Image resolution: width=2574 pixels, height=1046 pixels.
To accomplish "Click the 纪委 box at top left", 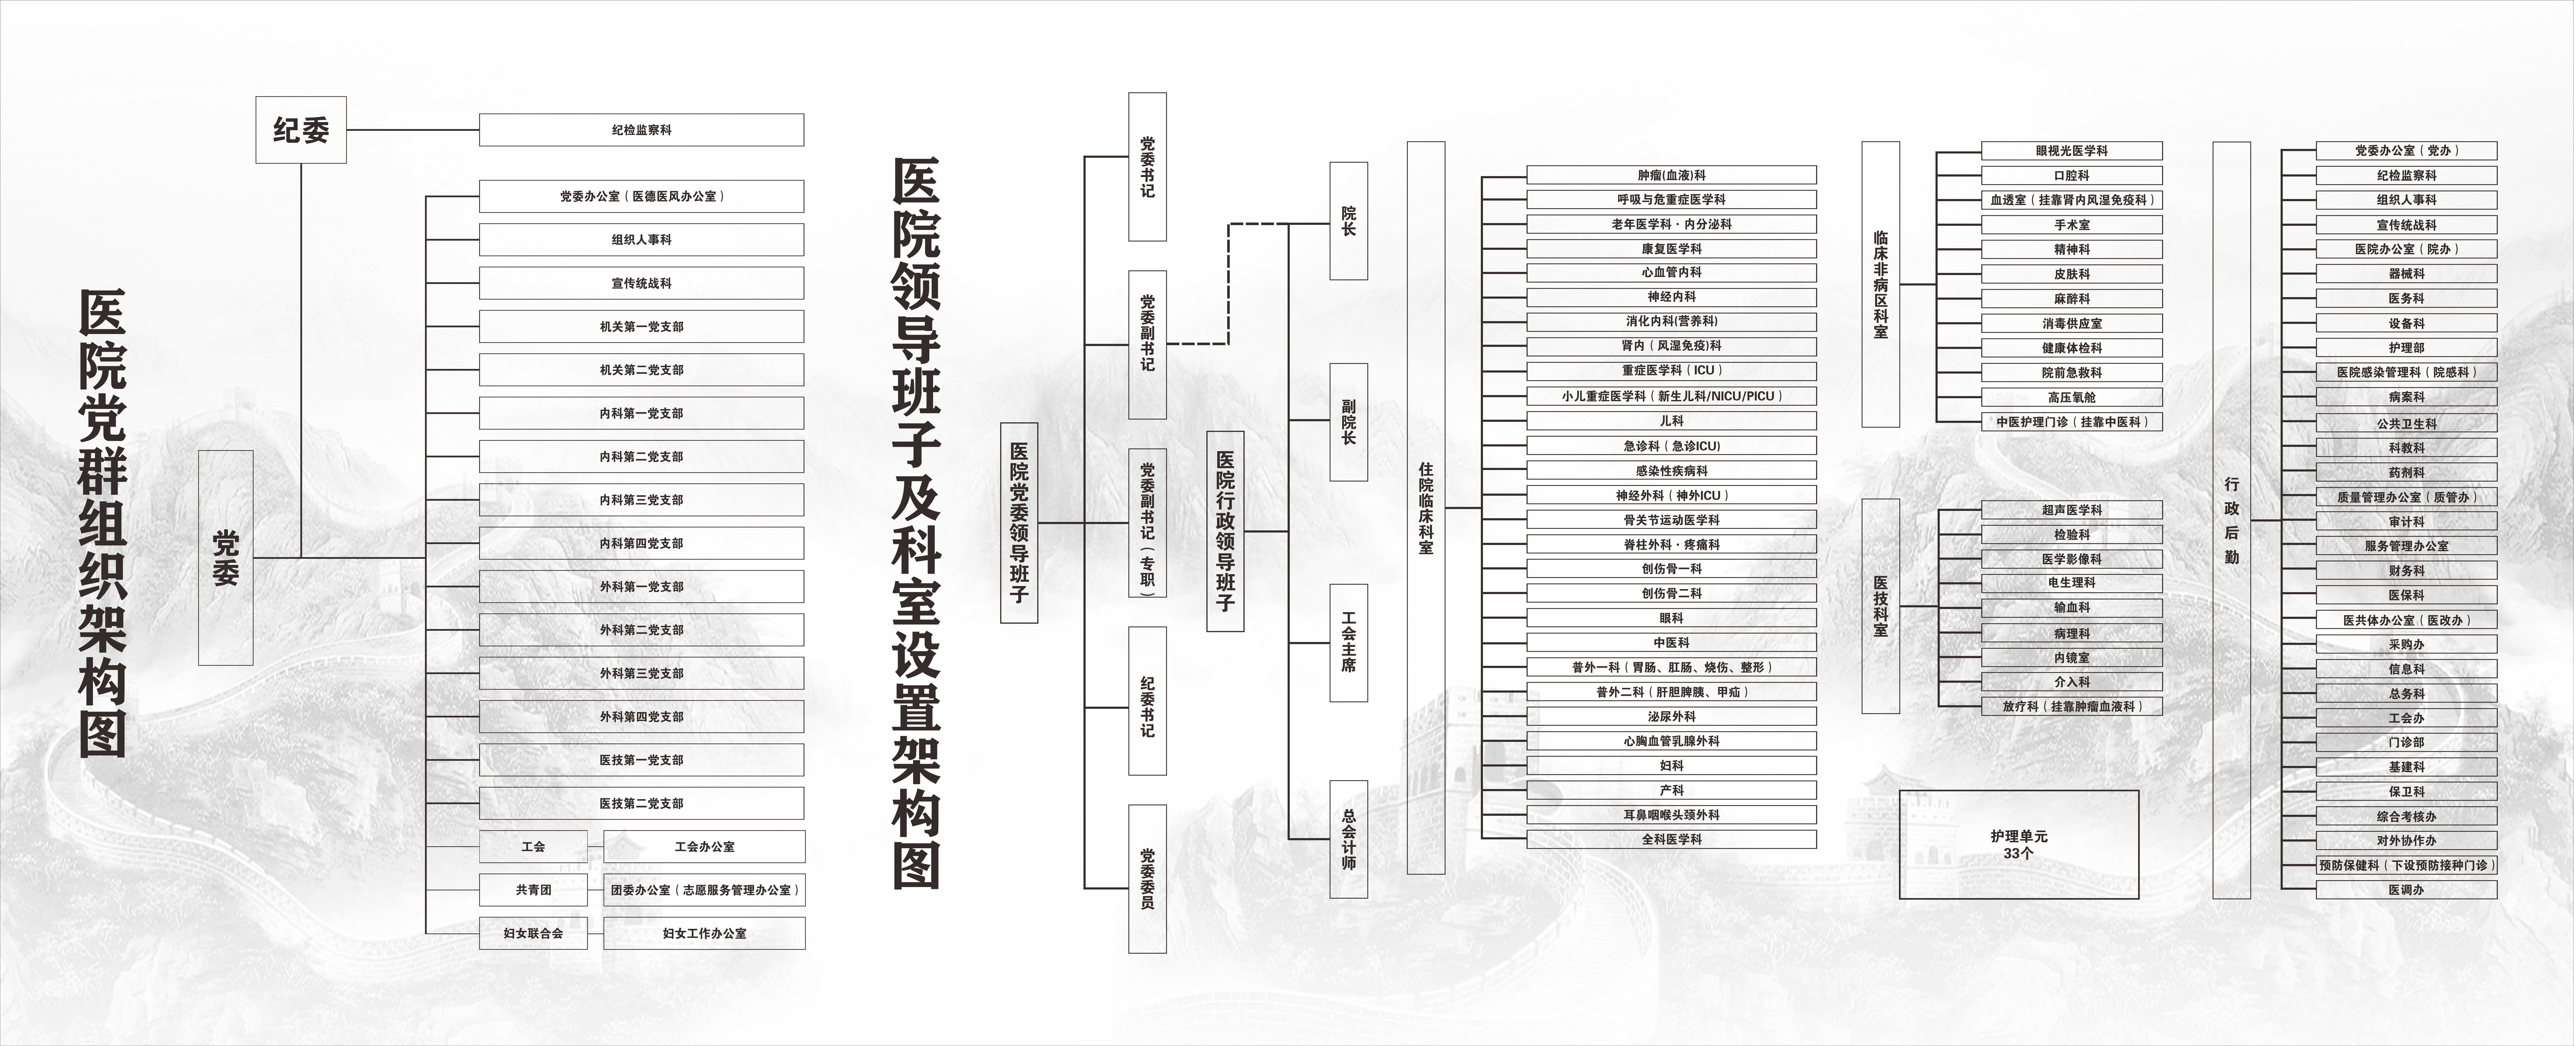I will coord(301,130).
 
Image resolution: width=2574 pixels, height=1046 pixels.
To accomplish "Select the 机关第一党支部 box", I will coord(642,327).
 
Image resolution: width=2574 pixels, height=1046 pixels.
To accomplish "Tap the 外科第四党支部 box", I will coord(642,716).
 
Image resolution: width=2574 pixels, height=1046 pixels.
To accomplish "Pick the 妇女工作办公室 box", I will coord(704,933).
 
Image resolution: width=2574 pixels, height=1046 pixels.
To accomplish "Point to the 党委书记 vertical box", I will coord(1147,167).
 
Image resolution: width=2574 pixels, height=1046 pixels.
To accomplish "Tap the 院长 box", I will coord(1348,221).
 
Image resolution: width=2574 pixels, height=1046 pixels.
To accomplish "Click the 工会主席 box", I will coord(1348,642).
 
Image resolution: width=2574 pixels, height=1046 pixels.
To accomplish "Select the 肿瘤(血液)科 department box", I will coord(1671,175).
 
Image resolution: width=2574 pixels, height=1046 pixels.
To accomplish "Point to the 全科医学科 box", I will coord(1671,839).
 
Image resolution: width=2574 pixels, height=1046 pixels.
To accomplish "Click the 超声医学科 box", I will coord(2071,510).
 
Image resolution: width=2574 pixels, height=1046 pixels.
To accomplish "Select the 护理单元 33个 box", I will coord(2018,844).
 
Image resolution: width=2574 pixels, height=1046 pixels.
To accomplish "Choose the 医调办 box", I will coord(2406,889).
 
